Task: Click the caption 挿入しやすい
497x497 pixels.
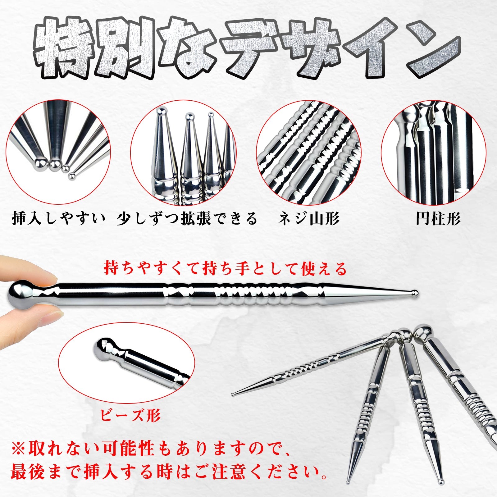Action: pyautogui.click(x=58, y=219)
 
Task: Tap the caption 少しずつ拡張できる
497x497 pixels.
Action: pyautogui.click(x=187, y=219)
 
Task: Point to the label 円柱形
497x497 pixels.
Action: pyautogui.click(x=438, y=219)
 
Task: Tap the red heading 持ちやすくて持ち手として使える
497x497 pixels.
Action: pyautogui.click(x=225, y=269)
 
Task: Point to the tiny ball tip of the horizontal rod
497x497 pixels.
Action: pyautogui.click(x=415, y=292)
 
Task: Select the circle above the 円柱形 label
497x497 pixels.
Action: pyautogui.click(x=433, y=152)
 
